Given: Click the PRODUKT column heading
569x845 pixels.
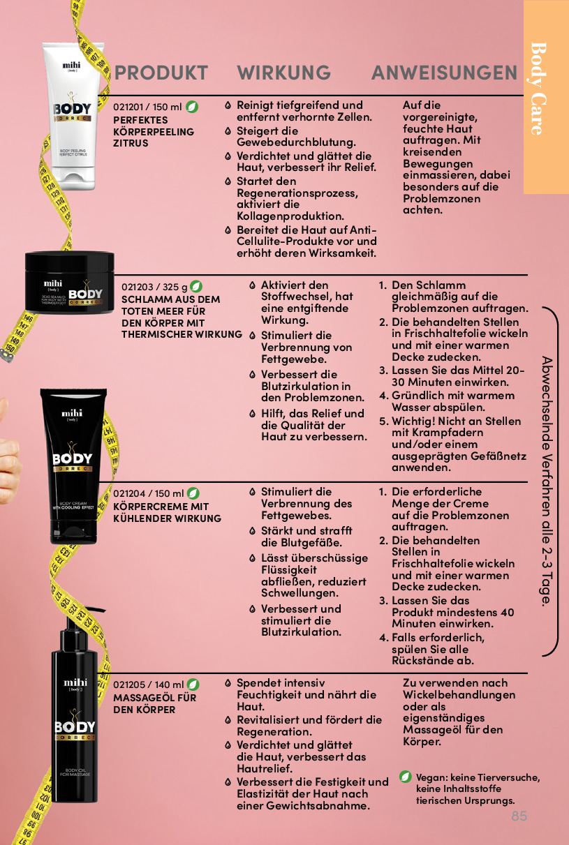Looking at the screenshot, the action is pos(161,73).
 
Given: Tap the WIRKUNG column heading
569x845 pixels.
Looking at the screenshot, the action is pos(283,73).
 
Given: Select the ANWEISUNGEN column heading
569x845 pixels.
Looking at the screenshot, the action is pos(444,73).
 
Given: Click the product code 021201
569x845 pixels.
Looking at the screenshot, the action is pos(128,107).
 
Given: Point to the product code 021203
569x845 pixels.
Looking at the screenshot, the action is pos(137,287).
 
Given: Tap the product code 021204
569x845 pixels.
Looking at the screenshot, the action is pos(128,493).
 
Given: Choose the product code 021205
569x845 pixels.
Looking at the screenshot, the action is pos(128,685).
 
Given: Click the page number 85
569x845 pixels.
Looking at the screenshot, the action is pos(519,816).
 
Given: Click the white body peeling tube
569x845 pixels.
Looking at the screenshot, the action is pos(73,117).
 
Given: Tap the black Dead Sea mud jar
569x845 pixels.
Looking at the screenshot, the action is pos(69,282).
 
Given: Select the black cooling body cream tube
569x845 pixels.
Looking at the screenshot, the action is pos(73,466).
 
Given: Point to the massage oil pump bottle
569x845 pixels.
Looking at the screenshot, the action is pos(75,706).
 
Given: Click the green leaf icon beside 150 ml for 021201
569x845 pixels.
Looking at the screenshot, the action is pos(192,107).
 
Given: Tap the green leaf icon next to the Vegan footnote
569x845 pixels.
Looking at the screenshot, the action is pos(406,777).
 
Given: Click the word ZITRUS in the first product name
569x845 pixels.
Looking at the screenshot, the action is pos(131,143).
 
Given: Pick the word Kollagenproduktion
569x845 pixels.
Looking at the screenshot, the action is pos(290,216).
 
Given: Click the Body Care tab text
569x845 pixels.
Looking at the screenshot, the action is pos(539,89).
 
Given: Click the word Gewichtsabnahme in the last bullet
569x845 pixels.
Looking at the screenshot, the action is pos(318,806).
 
